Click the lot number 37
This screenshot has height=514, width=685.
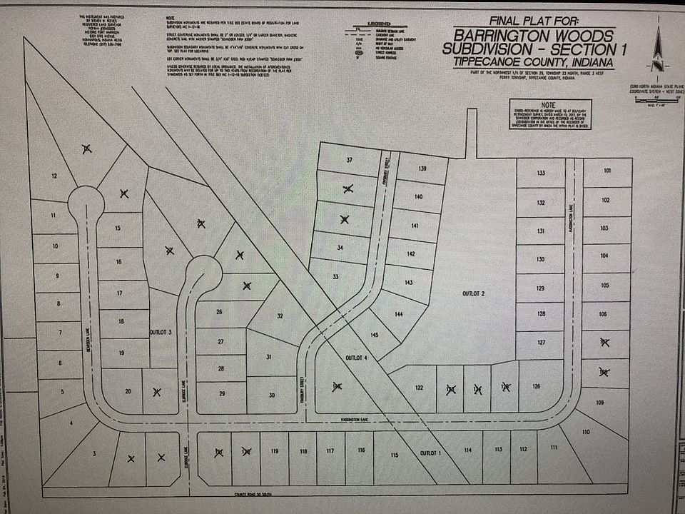coord(350,159)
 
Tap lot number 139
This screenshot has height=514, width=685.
coord(422,168)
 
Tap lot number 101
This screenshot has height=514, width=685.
coord(607,171)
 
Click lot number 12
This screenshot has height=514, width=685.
coord(54,176)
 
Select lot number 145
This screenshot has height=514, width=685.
coord(374,335)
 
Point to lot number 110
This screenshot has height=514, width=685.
coord(586,432)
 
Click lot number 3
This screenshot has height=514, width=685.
coord(93,453)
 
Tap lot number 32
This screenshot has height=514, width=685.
coord(280,315)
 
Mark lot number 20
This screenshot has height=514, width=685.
coord(128,390)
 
